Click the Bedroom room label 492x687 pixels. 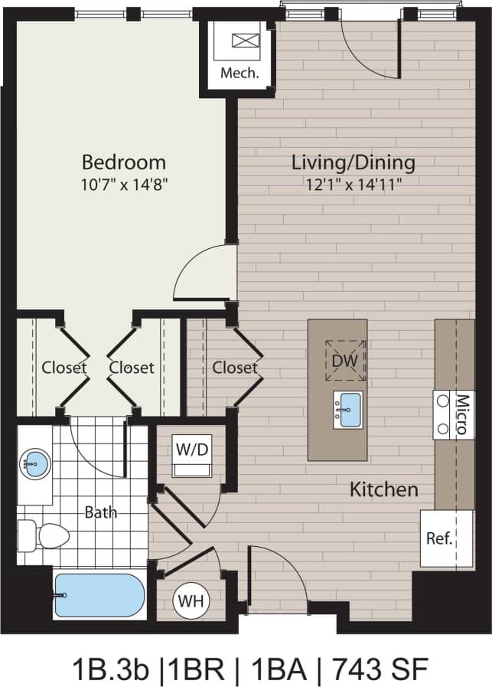click(x=123, y=162)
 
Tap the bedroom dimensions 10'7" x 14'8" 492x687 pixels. click(x=123, y=184)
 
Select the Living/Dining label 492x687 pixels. click(x=354, y=162)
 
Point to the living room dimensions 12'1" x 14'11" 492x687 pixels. click(x=354, y=184)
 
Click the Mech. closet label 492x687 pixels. click(x=239, y=74)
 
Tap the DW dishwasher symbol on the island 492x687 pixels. click(x=345, y=360)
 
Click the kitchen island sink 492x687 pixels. click(x=349, y=409)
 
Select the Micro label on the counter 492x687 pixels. click(x=461, y=414)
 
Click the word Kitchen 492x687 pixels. click(x=384, y=489)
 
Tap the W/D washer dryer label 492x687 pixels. click(x=191, y=449)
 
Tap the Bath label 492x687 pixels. click(x=100, y=512)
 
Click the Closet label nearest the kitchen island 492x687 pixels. click(x=235, y=368)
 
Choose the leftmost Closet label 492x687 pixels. click(x=64, y=368)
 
